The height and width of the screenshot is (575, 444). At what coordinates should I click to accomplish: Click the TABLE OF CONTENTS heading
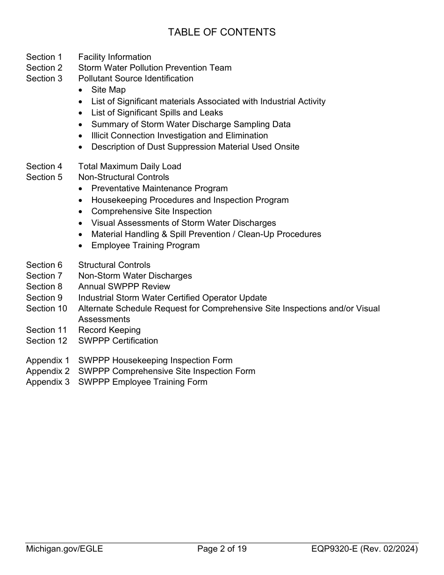click(x=222, y=32)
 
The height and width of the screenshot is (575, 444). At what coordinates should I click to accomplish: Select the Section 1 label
click(x=44, y=57)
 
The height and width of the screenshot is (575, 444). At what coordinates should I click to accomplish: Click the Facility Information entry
click(x=115, y=57)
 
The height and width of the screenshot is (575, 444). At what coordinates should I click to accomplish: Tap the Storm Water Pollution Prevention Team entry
click(x=155, y=68)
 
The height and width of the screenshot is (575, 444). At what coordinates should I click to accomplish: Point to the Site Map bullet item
click(x=108, y=90)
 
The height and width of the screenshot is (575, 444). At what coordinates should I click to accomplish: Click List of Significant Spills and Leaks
click(x=157, y=113)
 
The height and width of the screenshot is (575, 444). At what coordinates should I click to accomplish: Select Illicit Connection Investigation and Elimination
click(x=179, y=136)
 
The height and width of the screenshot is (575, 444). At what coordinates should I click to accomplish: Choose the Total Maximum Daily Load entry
click(x=129, y=166)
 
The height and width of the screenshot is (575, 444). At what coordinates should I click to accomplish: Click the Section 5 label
click(x=44, y=177)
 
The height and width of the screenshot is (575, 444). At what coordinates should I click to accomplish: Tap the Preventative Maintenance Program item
click(x=159, y=188)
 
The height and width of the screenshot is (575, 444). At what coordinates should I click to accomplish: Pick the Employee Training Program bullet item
click(x=145, y=245)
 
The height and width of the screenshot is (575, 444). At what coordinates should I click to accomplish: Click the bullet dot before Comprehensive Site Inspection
click(x=82, y=212)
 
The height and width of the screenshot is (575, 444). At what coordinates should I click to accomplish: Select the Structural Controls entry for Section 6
click(x=114, y=265)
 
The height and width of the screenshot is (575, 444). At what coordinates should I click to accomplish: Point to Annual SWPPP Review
click(x=124, y=287)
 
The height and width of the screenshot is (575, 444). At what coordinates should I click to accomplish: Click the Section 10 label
click(x=46, y=309)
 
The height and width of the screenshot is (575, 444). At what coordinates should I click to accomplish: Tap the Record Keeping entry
click(x=109, y=330)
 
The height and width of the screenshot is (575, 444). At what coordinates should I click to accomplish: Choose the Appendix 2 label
click(x=48, y=371)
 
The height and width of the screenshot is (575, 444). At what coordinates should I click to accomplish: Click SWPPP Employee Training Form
click(x=143, y=382)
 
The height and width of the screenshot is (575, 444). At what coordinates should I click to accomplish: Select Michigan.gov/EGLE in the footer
click(x=64, y=549)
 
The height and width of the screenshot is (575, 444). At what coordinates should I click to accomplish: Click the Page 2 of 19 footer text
click(x=222, y=549)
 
